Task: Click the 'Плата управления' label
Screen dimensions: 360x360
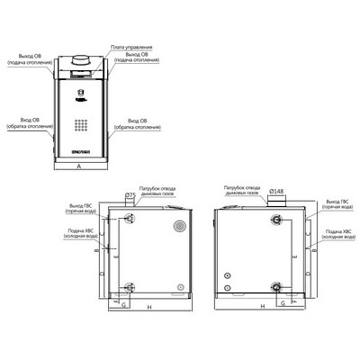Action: (x=138, y=45)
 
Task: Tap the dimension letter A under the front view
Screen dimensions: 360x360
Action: (x=81, y=167)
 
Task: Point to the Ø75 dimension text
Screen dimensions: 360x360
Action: (x=130, y=194)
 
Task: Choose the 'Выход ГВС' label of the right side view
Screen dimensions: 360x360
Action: (x=338, y=205)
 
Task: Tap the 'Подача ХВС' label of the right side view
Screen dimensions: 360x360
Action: (x=338, y=234)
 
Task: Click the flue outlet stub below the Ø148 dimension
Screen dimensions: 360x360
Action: (x=274, y=202)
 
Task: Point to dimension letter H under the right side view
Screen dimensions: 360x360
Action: (x=261, y=308)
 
